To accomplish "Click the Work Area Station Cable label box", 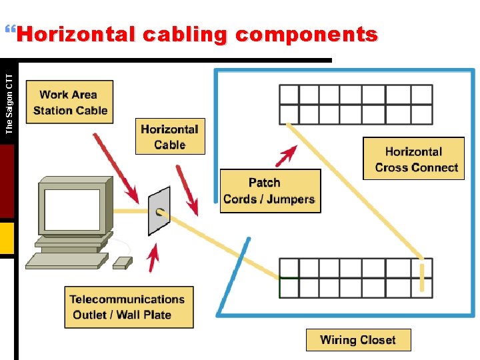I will (x=69, y=102).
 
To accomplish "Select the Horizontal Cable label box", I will (x=169, y=137).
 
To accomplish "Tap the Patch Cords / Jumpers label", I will (x=270, y=191).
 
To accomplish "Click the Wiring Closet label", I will (x=358, y=340).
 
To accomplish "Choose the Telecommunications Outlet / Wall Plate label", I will (x=129, y=307).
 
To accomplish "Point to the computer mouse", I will (x=122, y=263).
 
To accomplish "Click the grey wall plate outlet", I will (x=159, y=211).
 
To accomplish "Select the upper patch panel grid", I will (x=355, y=104).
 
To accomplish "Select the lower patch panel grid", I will (x=355, y=278).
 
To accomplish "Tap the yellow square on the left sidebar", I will (x=7, y=239).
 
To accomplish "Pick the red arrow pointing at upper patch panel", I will (x=286, y=157).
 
